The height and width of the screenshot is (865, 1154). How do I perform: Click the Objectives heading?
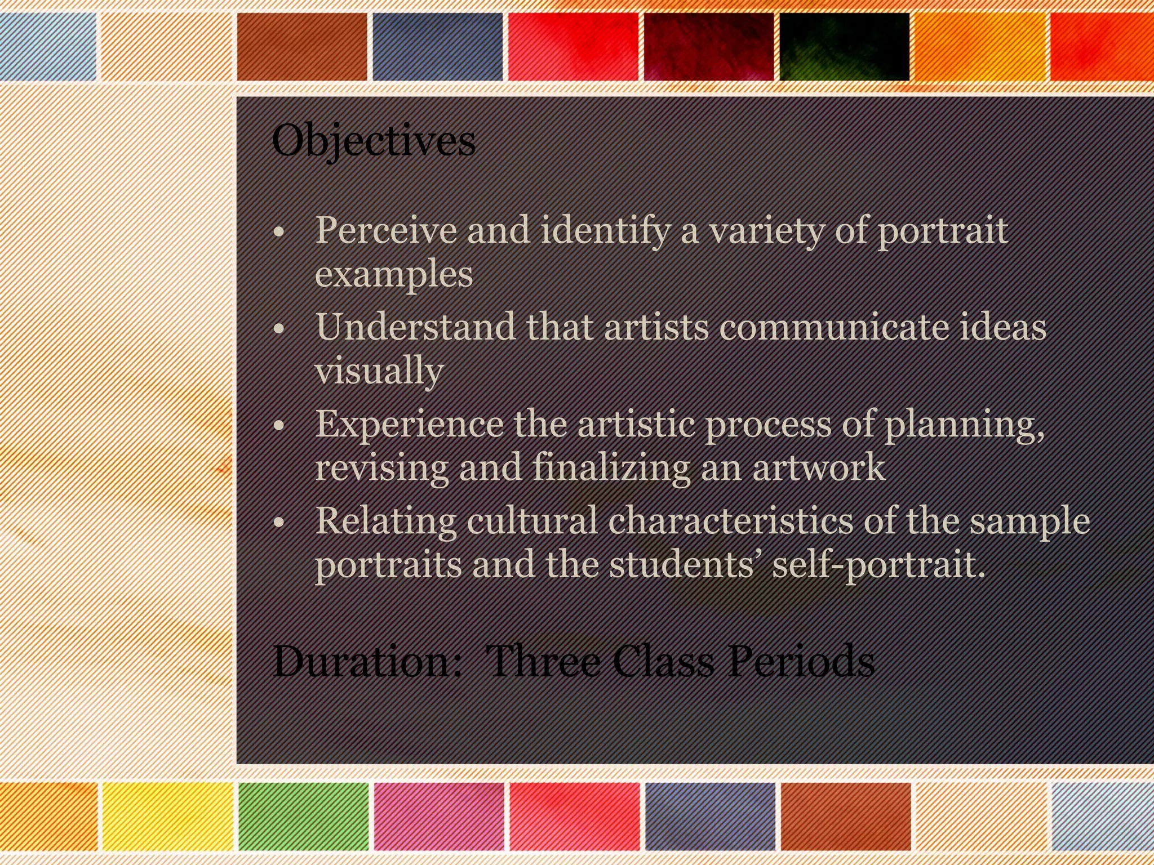pos(373,141)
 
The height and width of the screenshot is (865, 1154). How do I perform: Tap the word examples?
pos(393,274)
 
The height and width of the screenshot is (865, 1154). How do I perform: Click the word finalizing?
pos(611,467)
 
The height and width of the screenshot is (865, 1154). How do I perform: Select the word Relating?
pos(385,521)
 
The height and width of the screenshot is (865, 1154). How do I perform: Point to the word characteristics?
pos(730,520)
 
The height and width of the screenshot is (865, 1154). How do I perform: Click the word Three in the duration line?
pos(543,661)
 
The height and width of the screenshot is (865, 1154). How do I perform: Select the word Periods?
pos(800,661)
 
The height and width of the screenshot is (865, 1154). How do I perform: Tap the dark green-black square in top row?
pos(844,47)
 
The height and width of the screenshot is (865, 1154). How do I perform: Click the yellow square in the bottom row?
pos(167,816)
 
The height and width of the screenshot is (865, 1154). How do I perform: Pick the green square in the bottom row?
pos(303,816)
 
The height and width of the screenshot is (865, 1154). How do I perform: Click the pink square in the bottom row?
pos(439,816)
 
